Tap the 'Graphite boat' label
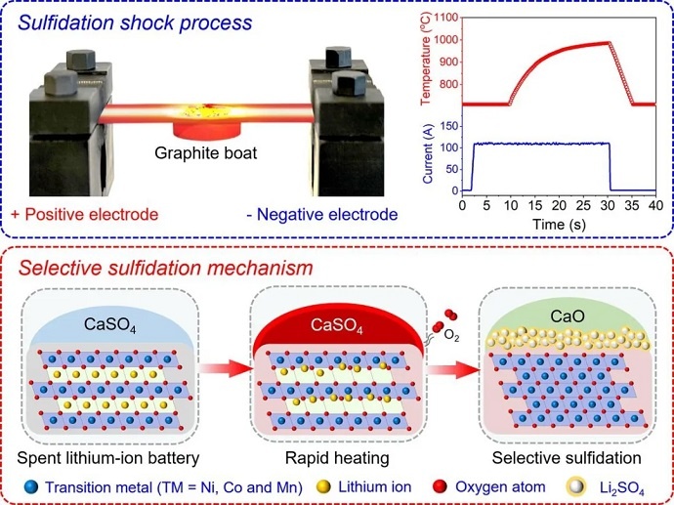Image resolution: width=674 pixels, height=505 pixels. pos(202,153)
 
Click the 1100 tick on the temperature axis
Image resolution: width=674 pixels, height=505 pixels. pos(447,18)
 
